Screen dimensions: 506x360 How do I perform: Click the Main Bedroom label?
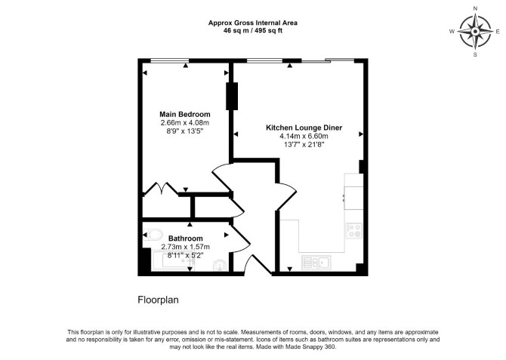[185, 115]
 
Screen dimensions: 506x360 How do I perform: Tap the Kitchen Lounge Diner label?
[304, 128]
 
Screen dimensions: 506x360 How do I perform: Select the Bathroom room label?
[186, 238]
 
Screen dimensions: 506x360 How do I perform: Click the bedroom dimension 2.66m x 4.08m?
[185, 123]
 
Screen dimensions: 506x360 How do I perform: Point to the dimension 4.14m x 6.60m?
[304, 136]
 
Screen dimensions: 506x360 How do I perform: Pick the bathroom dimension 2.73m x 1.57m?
[186, 247]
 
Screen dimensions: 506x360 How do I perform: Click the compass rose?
[475, 32]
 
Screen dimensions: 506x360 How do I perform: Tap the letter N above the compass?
[475, 9]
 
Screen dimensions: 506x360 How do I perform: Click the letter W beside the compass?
[452, 31]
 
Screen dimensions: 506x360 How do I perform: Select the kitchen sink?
[316, 262]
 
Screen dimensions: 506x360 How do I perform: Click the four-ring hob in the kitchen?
[354, 231]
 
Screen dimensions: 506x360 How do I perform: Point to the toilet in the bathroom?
[153, 235]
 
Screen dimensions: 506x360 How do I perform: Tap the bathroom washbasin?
[221, 266]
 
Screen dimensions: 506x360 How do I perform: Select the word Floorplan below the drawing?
[158, 300]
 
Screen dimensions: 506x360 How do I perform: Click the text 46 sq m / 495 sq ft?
[253, 31]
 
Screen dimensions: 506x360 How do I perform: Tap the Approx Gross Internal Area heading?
[253, 23]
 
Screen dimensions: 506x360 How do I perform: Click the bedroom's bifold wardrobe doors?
[160, 189]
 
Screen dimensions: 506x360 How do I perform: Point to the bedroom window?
[170, 60]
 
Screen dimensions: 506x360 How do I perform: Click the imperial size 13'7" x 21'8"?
[304, 145]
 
